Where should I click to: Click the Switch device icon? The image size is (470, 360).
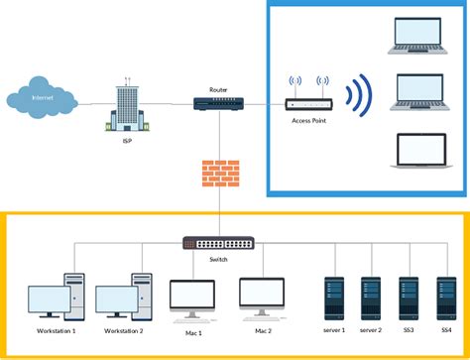click(x=218, y=243)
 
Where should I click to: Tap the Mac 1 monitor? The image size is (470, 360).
click(x=191, y=296)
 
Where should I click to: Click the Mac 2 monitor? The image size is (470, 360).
click(x=262, y=296)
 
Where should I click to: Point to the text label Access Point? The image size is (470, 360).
click(x=307, y=123)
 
